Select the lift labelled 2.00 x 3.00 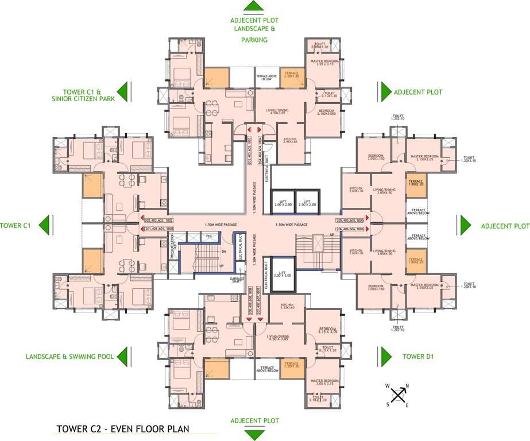(x=281, y=268)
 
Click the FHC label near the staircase (x=210, y=235)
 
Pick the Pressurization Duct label (x=172, y=245)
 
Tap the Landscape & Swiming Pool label (x=69, y=357)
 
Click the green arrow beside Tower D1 (x=384, y=355)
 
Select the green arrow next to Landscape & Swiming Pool (x=123, y=356)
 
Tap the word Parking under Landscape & (x=253, y=40)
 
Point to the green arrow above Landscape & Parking (x=253, y=7)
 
